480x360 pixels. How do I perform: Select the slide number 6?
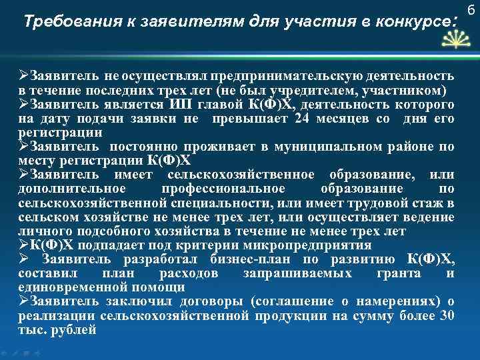click(470, 9)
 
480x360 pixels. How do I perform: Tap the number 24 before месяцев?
click(301, 118)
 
